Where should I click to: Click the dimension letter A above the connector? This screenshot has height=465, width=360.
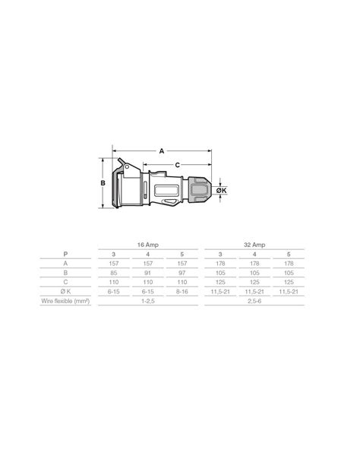pos(161,151)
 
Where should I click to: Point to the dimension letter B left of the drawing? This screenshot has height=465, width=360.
pos(102,183)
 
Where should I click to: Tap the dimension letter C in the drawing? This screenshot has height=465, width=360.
pos(177,164)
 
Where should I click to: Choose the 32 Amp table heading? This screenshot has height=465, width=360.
pos(254,245)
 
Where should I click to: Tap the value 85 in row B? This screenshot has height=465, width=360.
pos(114,270)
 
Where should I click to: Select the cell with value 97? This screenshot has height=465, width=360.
pos(180,270)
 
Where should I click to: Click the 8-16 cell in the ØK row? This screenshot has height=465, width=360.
pos(180,291)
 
